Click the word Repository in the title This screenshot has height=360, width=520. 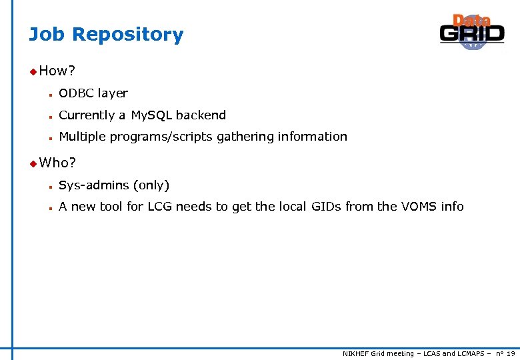131,35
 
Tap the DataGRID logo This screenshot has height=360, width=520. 471,32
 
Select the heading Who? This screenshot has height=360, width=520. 58,162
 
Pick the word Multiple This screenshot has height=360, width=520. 82,137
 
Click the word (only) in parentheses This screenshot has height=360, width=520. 151,185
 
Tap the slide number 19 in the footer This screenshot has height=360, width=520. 510,353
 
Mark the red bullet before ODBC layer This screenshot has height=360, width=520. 49,94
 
